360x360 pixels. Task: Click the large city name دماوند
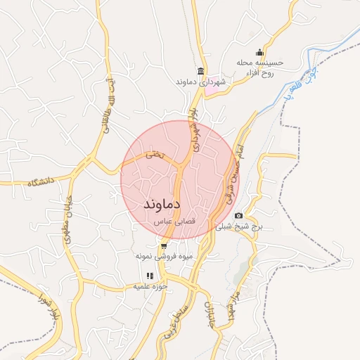[163, 204]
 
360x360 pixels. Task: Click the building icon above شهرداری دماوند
[201, 71]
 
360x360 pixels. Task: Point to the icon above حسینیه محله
[260, 51]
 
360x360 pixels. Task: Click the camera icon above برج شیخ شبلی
[239, 215]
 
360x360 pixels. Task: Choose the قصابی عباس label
[174, 221]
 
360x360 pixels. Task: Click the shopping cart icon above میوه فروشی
[164, 246]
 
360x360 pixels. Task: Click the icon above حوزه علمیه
[148, 276]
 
